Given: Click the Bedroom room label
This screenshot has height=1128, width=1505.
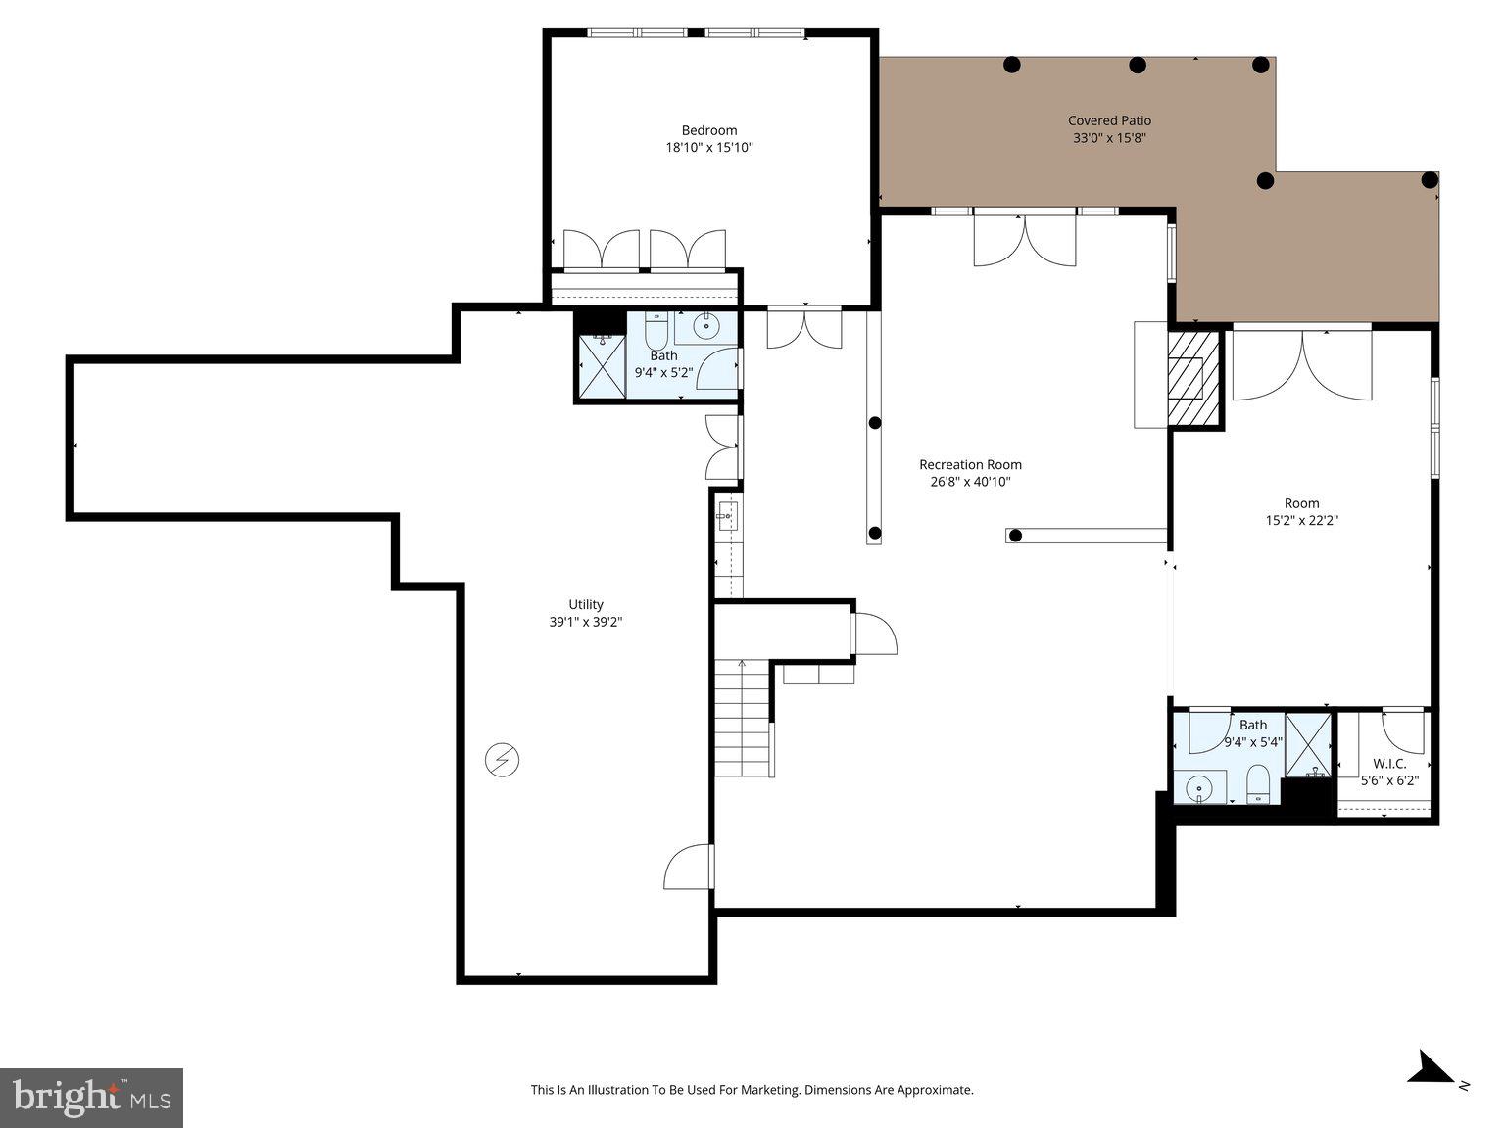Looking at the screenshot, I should pyautogui.click(x=708, y=130).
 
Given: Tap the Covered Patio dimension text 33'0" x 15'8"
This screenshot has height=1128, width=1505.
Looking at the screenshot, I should pyautogui.click(x=1109, y=138).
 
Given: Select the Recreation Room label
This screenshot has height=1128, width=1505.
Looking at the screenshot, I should pyautogui.click(x=970, y=465).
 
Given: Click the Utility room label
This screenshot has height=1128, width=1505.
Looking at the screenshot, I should pyautogui.click(x=586, y=604).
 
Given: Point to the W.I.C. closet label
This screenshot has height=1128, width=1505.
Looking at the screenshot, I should pyautogui.click(x=1389, y=764).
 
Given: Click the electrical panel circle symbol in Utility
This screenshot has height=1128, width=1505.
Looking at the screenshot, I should pyautogui.click(x=503, y=760).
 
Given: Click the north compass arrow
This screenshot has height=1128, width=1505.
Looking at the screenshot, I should pyautogui.click(x=1432, y=1067).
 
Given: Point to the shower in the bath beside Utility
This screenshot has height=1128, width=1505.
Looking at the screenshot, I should pyautogui.click(x=602, y=366).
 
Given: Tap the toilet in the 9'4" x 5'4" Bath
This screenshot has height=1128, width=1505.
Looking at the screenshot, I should pyautogui.click(x=1258, y=784).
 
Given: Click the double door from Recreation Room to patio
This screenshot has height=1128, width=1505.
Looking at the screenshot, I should pyautogui.click(x=1025, y=240).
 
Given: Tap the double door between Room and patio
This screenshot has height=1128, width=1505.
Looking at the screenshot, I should pyautogui.click(x=1302, y=365).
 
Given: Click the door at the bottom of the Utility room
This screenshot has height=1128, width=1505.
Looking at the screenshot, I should pyautogui.click(x=687, y=868).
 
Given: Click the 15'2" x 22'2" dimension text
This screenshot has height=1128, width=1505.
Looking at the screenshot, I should pyautogui.click(x=1301, y=521).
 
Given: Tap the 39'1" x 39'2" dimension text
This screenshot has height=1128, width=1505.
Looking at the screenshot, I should pyautogui.click(x=586, y=622).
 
